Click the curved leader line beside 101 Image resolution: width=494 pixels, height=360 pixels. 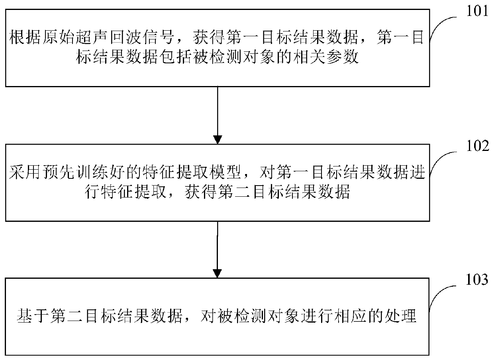(442, 30)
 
